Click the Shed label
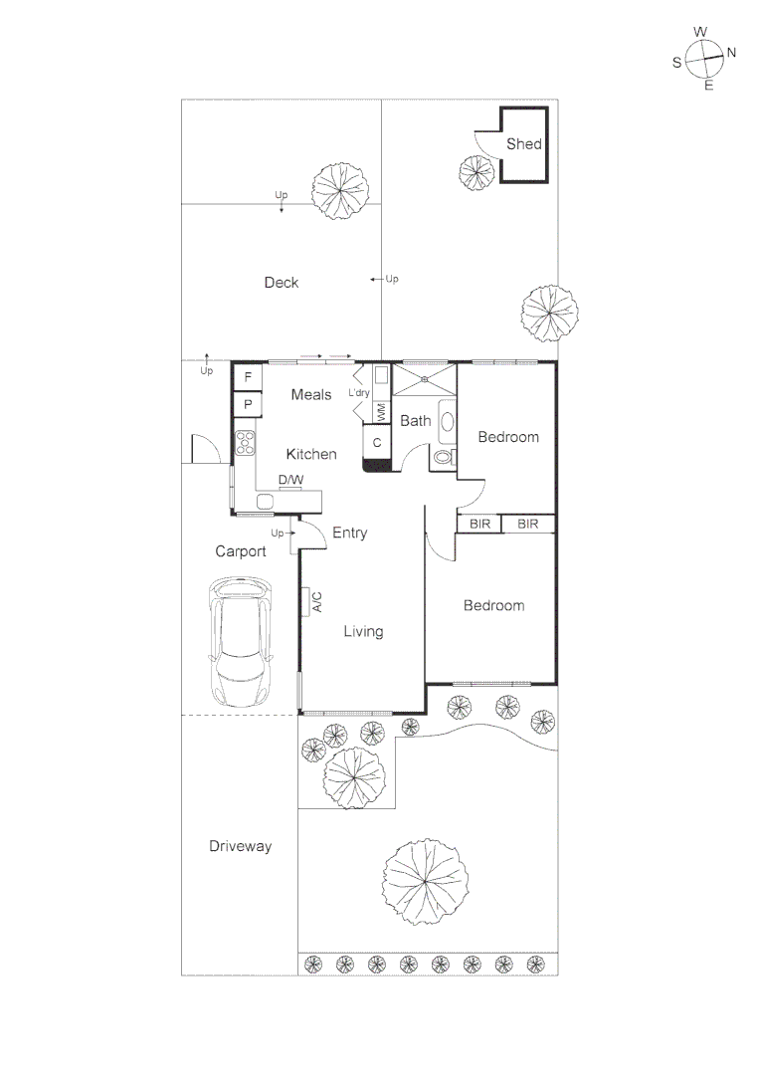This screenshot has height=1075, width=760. tap(524, 144)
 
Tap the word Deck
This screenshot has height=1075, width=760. tap(282, 283)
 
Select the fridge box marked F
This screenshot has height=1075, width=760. tap(248, 377)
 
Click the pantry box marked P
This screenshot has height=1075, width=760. tap(248, 404)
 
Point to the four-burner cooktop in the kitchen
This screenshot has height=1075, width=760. tap(245, 442)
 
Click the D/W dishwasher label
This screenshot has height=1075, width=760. tap(291, 480)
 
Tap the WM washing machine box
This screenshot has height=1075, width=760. tap(382, 412)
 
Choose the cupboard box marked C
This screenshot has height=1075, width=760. tap(377, 443)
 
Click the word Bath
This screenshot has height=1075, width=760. tap(415, 421)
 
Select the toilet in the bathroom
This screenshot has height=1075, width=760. tap(444, 457)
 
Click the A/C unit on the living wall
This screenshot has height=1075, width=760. tap(311, 601)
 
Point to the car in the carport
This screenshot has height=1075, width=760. tap(241, 642)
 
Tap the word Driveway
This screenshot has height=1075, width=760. tap(241, 847)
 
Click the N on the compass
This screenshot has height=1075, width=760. tap(731, 52)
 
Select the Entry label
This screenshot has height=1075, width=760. tap(349, 533)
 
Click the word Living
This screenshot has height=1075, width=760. tap(363, 631)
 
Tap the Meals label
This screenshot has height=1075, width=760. tap(311, 394)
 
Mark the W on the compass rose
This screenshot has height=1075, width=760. tap(700, 32)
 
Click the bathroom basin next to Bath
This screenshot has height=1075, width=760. tap(447, 421)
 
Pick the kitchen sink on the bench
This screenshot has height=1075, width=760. tap(266, 502)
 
